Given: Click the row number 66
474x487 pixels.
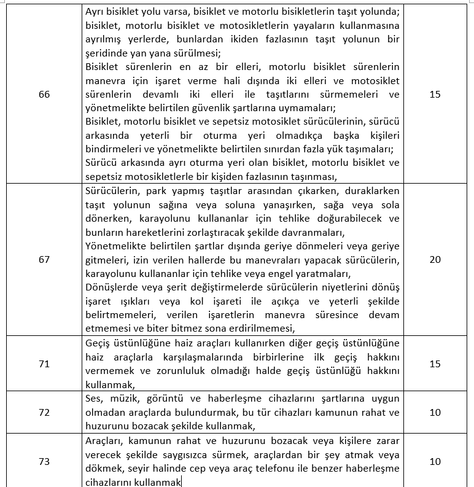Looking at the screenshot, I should [44, 95].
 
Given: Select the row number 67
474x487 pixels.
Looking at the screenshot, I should [44, 260].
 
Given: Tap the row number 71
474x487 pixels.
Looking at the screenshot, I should [44, 364].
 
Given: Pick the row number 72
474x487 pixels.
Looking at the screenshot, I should [44, 413].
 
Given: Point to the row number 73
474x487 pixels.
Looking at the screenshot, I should [44, 461].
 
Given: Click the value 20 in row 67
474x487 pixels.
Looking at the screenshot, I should [435, 260].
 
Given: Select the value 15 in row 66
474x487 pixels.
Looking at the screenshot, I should [435, 95].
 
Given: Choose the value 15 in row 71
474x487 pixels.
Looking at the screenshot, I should [435, 364].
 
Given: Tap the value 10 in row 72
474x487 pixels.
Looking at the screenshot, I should [435, 413].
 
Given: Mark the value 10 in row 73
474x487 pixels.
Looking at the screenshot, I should [435, 461].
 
